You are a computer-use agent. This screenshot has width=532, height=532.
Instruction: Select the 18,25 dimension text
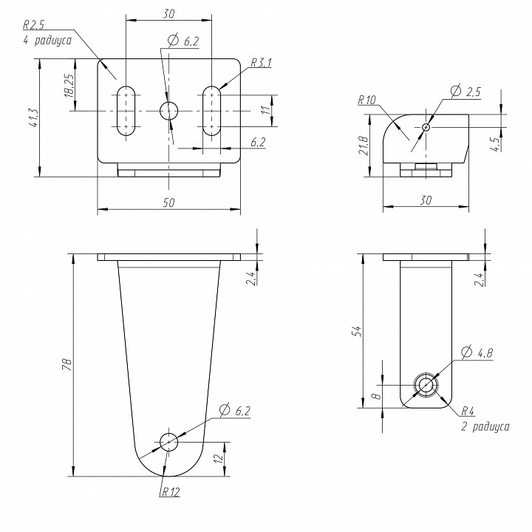[69, 86]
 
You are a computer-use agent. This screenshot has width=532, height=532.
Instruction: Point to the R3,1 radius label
[262, 63]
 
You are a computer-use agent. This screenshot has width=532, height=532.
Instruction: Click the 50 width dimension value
[169, 203]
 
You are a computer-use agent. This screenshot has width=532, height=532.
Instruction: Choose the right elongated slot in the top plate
[212, 111]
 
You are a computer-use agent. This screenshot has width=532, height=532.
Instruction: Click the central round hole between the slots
[169, 111]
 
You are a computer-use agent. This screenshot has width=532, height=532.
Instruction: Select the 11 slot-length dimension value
[284, 111]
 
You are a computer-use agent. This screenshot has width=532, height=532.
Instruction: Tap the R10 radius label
[366, 100]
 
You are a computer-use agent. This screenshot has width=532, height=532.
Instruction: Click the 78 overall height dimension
[66, 364]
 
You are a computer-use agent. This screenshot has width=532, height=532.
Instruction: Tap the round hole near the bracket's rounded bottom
[168, 442]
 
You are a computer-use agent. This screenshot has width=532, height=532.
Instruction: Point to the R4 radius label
[467, 411]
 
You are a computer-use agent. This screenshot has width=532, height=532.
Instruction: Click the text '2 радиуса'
[485, 426]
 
